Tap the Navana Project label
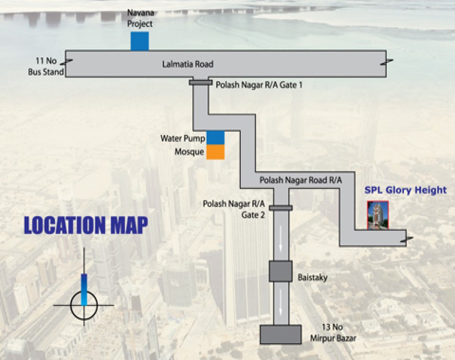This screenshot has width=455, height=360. [140, 18]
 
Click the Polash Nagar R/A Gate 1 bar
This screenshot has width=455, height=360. [200, 83]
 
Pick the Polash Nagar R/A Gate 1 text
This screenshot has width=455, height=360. [259, 85]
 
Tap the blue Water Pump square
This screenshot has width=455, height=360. [215, 137]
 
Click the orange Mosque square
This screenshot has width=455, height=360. [215, 152]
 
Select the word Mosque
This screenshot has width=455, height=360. [189, 152]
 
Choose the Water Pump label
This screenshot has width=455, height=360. [182, 138]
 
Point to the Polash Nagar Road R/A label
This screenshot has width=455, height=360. [300, 180]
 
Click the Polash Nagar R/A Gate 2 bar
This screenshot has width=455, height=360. [281, 207]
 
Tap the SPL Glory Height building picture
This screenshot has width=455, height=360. [378, 216]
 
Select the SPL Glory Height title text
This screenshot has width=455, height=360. [405, 190]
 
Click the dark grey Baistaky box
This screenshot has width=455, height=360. [281, 271]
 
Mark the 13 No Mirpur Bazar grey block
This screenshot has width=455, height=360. [281, 334]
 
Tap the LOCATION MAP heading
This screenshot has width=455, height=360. [86, 225]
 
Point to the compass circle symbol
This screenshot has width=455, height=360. [84, 305]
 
